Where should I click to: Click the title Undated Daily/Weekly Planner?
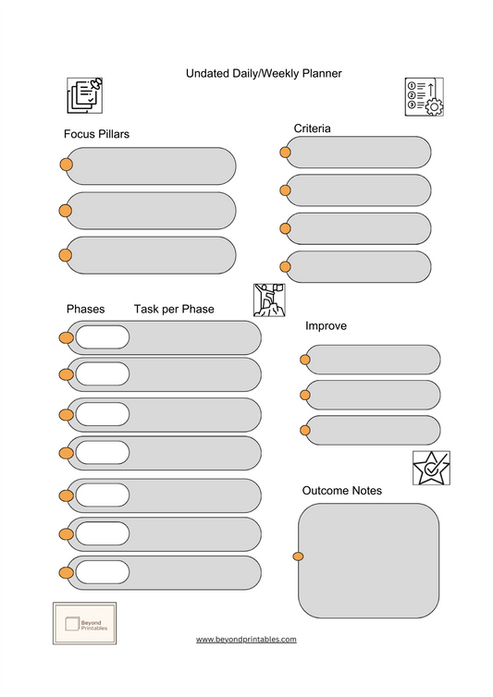coord(251,72)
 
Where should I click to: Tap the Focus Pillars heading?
coord(96,134)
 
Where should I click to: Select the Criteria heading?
coord(313,128)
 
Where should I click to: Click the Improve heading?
coord(326,326)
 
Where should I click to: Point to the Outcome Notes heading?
coord(342,490)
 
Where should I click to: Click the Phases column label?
coord(85,308)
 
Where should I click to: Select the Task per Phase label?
coord(174,308)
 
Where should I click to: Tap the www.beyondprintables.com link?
coord(246,639)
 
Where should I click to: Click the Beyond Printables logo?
coord(84,624)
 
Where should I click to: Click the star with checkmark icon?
coord(431,469)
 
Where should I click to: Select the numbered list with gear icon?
coord(425,96)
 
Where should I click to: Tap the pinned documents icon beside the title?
coord(84,95)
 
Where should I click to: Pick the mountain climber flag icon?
coord(269,300)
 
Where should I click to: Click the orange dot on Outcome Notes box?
coord(298,556)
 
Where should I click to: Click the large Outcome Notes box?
coord(369,560)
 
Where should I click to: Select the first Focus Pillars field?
coord(151,165)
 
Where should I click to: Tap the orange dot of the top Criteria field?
coord(285,153)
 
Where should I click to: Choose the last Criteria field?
coord(358,266)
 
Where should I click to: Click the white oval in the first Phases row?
coord(102,337)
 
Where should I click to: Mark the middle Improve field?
coord(373,395)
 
